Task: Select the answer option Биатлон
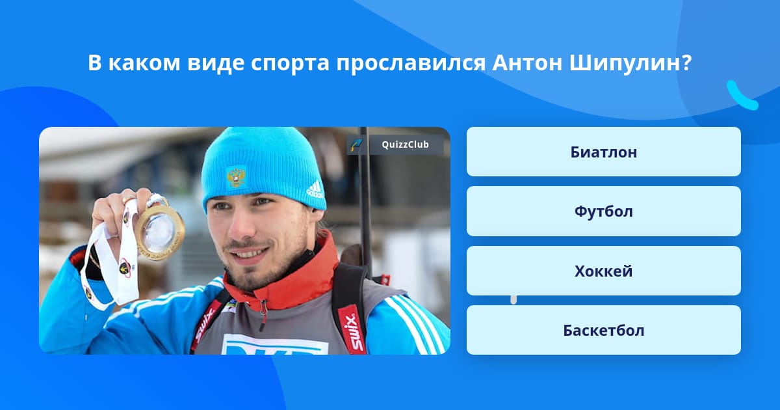603,152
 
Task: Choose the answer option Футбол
603,212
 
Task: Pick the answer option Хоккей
603,271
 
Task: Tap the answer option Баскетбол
603,330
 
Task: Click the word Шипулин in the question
629,63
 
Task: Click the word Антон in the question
527,63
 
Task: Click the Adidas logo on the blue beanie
315,189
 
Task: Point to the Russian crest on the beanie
235,176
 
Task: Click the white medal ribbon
104,273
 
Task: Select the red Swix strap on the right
350,325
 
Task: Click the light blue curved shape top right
742,96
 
